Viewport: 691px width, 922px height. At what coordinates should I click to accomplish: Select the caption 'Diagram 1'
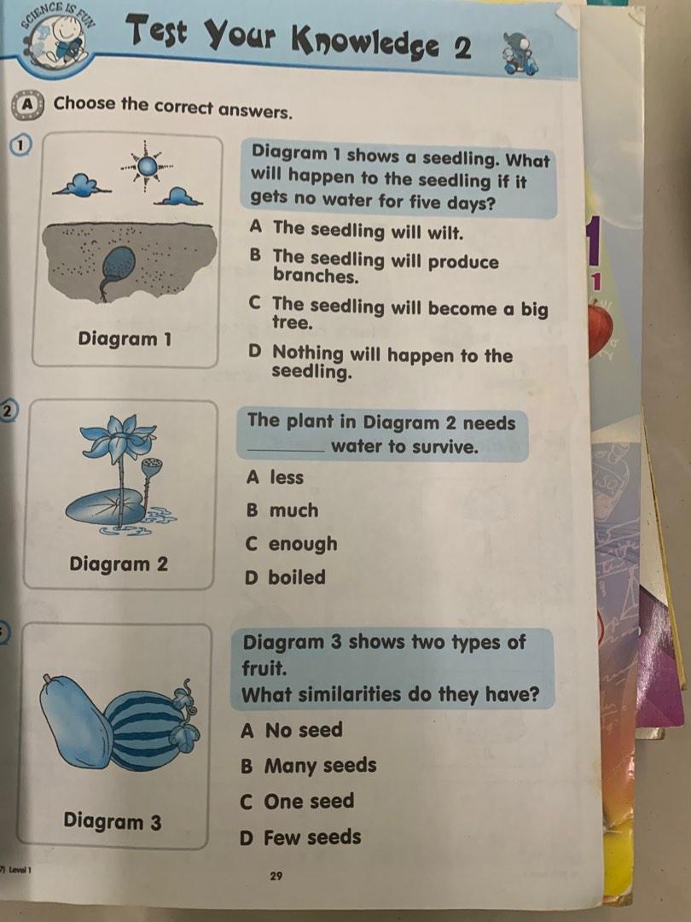(125, 339)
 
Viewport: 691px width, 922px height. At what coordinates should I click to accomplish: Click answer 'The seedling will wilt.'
(356, 230)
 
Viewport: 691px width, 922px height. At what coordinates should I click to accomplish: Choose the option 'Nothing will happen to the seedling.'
(380, 362)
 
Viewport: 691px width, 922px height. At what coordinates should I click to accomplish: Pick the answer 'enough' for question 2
(292, 544)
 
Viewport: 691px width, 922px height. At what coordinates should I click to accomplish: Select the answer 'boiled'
(285, 577)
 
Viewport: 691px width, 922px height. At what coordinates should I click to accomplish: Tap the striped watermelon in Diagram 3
(148, 730)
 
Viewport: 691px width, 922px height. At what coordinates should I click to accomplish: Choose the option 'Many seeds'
(309, 766)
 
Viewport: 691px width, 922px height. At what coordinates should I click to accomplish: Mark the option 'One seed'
(297, 802)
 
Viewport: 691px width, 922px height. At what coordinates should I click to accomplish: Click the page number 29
(276, 876)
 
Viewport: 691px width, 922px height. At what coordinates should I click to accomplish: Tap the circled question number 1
(20, 146)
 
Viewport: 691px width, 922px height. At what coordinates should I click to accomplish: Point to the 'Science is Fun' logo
(56, 37)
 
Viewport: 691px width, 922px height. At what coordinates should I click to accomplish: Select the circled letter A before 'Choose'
(27, 105)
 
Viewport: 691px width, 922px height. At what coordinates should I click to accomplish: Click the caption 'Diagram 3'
(113, 821)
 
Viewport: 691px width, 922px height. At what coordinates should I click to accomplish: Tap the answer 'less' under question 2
(275, 477)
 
